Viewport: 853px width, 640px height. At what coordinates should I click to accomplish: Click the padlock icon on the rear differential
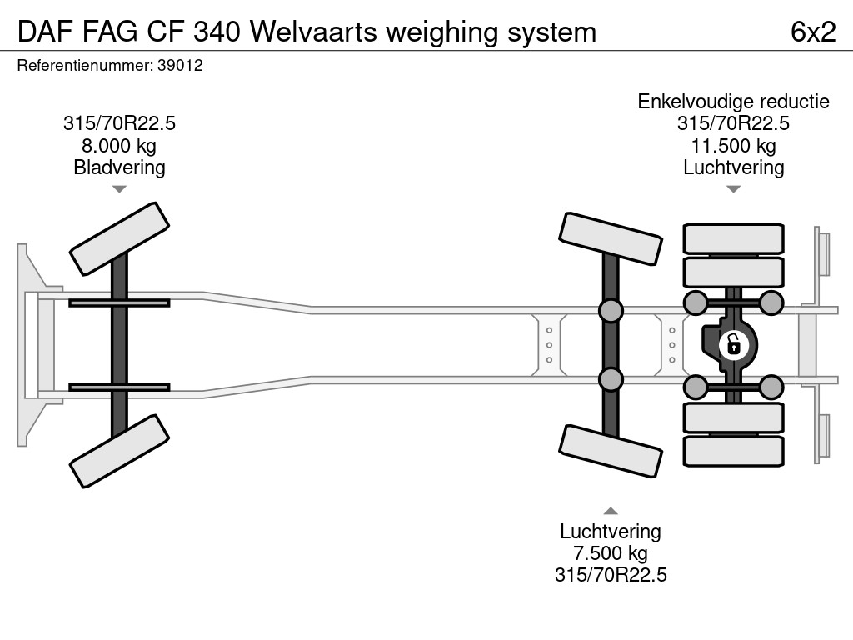click(733, 343)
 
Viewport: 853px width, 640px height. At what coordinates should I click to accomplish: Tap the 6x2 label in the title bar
click(812, 32)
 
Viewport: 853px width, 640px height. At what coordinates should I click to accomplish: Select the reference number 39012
click(180, 66)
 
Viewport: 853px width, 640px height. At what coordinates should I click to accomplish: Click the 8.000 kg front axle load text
click(119, 146)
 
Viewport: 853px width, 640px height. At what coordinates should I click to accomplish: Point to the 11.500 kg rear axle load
click(733, 146)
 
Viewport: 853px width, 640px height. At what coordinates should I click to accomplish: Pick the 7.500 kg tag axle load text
click(611, 553)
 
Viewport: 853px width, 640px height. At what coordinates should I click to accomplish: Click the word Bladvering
click(119, 167)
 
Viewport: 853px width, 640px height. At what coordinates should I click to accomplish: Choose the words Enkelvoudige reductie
click(733, 102)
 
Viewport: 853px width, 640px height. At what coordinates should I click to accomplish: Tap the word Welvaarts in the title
click(316, 32)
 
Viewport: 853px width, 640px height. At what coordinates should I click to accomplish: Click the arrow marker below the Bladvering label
click(119, 189)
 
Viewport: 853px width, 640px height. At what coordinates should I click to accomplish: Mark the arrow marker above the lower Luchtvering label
click(611, 511)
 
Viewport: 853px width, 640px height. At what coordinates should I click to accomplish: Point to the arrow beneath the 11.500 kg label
click(733, 189)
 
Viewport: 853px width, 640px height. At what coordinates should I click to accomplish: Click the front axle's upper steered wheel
click(119, 238)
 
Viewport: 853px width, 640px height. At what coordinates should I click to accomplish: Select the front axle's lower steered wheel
click(119, 452)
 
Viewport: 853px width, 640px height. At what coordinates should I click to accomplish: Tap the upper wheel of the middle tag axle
click(611, 238)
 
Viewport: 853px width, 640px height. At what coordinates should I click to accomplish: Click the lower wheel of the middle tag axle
click(611, 451)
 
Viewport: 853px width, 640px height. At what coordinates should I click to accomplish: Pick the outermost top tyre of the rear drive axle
click(733, 238)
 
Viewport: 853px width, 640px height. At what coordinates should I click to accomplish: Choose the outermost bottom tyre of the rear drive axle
click(733, 451)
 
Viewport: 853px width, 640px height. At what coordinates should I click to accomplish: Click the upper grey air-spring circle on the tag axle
click(611, 311)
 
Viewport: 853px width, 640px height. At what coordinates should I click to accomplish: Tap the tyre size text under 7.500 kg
click(611, 575)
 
